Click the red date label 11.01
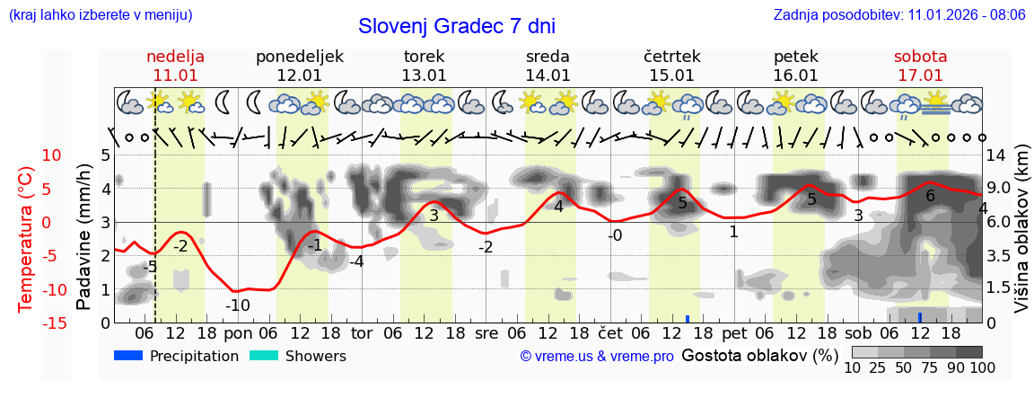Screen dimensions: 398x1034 tap(176, 75)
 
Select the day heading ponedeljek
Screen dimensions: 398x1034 tap(300, 57)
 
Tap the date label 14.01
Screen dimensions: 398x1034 tap(548, 75)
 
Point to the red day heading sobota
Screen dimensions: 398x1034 tap(920, 57)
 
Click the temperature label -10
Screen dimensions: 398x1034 tap(237, 305)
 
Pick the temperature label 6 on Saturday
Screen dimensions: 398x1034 tap(930, 196)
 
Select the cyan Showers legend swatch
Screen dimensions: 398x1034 tap(264, 356)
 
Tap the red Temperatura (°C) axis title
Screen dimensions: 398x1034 tap(26, 238)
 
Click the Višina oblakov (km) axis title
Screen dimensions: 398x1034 tap(1021, 238)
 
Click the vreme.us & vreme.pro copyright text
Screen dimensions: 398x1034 tap(597, 356)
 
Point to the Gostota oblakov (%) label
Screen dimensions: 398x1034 tap(760, 356)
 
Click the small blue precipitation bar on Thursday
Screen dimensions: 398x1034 tap(688, 318)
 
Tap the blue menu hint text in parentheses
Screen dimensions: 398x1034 tap(100, 14)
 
